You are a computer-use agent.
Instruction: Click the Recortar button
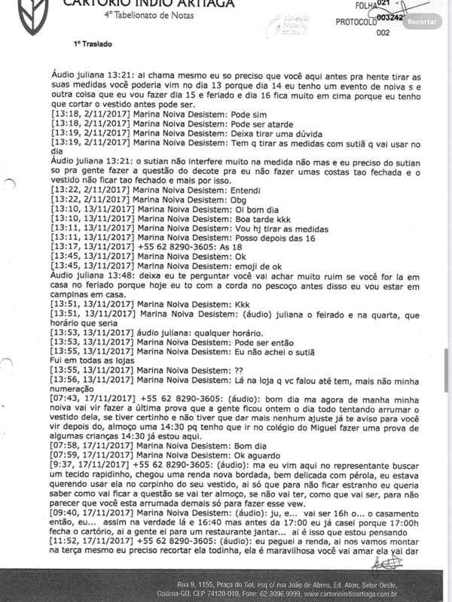[x=421, y=21]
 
